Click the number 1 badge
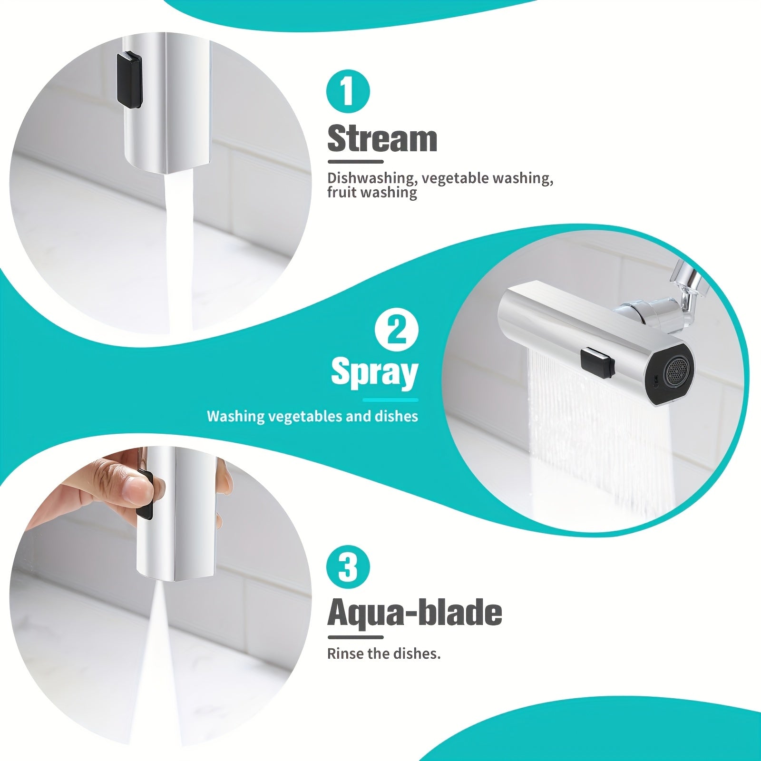click(x=348, y=91)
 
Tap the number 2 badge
click(x=397, y=330)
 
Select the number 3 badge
click(x=348, y=567)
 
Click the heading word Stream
click(x=382, y=138)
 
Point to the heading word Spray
click(x=374, y=372)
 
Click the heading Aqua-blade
click(x=415, y=613)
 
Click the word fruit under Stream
click(x=341, y=192)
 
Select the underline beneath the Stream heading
click(x=355, y=162)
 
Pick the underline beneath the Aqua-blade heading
click(x=355, y=637)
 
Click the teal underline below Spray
click(x=390, y=400)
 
